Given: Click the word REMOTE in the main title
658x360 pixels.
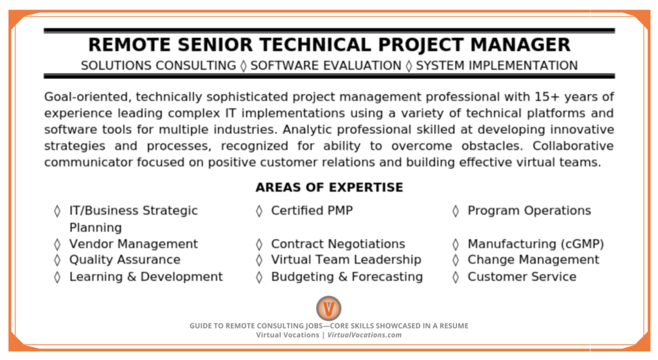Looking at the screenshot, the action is coord(129,45).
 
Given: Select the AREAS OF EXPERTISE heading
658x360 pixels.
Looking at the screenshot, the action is coord(330,187).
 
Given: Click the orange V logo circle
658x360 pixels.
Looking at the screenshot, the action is coord(328,309).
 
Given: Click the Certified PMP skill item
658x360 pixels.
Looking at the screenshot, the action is coord(312,211).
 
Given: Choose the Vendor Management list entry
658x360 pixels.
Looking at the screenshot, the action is coord(134,244).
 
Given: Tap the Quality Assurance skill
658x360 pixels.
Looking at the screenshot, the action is coord(125,260).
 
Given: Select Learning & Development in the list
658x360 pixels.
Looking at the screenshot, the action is coord(146,277).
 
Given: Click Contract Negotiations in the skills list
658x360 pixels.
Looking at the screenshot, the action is coord(338,244).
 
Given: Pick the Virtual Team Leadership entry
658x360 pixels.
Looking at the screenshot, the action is coord(346,260).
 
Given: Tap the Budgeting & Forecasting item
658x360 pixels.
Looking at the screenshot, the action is coord(347,277).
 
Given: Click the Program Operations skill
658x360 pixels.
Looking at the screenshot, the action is coord(529,211).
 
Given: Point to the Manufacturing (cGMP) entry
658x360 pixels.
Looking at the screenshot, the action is coord(536,244).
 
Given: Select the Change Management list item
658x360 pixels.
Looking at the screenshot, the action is coord(533,260).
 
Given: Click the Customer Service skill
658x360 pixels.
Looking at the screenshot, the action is coord(522,277).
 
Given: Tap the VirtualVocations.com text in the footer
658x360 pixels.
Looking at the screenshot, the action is coord(365,335).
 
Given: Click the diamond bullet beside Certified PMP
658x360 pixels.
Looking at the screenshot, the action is coord(260,211).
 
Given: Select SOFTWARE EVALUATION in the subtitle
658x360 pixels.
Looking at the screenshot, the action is coord(326,66).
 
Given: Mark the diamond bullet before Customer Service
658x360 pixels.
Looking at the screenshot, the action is coord(456,277).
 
